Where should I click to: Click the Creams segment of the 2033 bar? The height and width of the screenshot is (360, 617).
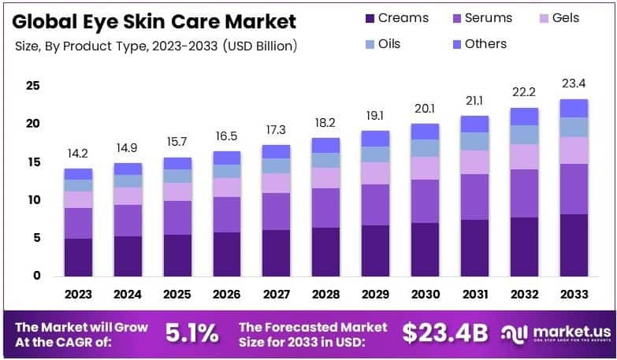(x=574, y=245)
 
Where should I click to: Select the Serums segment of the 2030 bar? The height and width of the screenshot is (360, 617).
(x=425, y=201)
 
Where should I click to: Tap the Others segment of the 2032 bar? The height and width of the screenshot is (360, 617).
(x=524, y=117)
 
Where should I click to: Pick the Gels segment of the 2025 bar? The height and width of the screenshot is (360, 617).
(x=177, y=191)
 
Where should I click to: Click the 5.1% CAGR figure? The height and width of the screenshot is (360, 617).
(x=191, y=333)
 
